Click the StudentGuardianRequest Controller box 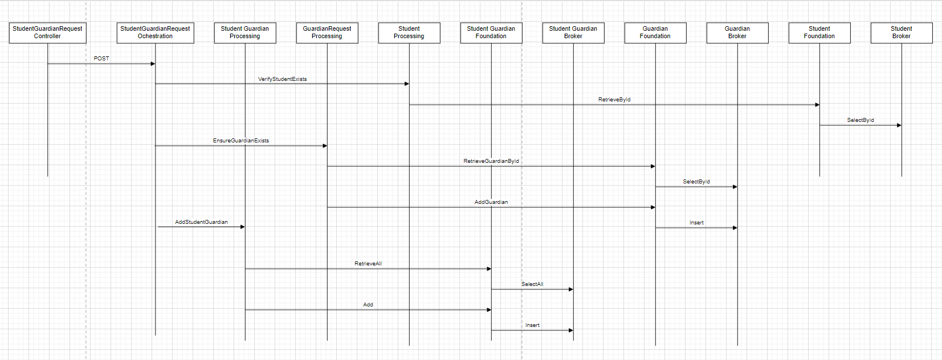(47, 33)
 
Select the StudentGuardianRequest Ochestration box (155, 33)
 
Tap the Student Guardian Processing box (244, 33)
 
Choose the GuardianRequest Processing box (327, 33)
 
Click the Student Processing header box (409, 33)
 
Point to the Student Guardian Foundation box (491, 33)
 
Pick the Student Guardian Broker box (573, 33)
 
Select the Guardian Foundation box (655, 33)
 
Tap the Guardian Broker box (737, 33)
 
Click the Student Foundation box (819, 33)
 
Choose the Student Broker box (902, 33)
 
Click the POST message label (101, 59)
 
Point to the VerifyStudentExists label (282, 79)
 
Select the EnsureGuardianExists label (240, 141)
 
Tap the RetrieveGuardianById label (491, 161)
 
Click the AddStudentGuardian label (201, 222)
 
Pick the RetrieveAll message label (368, 264)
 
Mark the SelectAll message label (532, 284)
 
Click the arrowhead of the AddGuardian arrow (653, 207)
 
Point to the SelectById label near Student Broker (861, 120)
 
